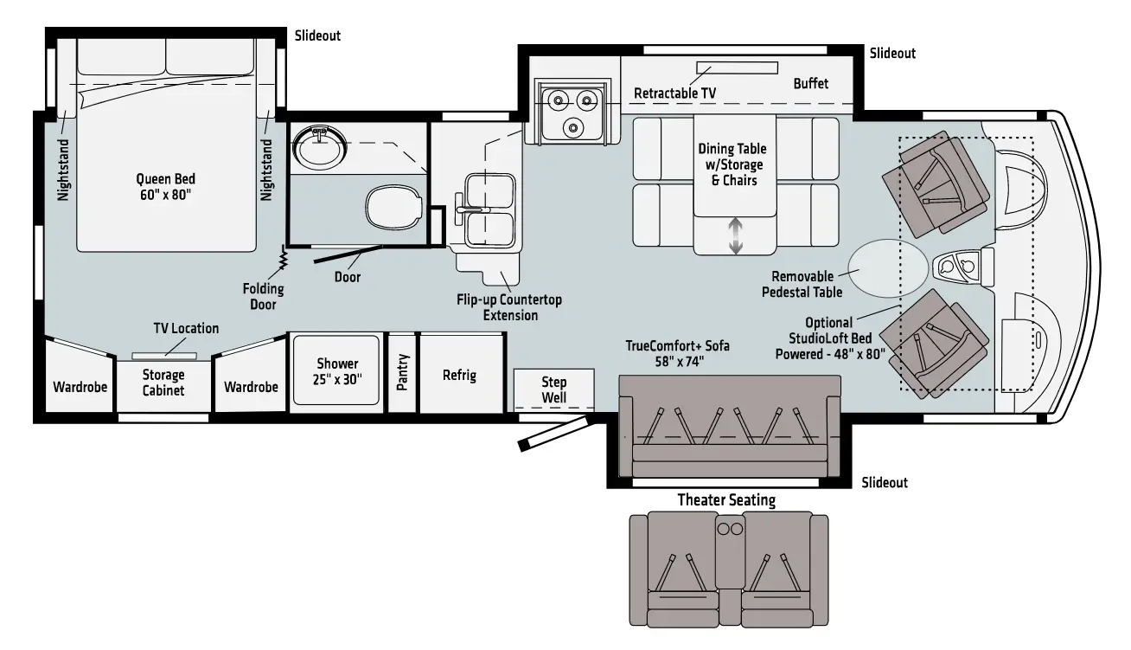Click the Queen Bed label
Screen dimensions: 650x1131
(165, 187)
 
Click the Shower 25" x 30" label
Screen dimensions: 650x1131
(336, 371)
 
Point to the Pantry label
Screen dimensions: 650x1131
(402, 372)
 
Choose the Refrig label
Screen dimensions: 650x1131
(459, 376)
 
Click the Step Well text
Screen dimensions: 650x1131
(553, 389)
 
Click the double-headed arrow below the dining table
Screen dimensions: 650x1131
(735, 236)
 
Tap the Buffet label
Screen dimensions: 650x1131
(810, 83)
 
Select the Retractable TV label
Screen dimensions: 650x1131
(674, 93)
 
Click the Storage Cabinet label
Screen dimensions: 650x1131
(163, 382)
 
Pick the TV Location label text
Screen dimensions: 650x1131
(186, 328)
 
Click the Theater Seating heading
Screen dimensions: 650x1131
(725, 499)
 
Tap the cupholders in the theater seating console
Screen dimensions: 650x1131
(728, 527)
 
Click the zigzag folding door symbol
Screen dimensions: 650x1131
(282, 257)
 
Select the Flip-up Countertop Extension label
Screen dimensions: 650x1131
(509, 307)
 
